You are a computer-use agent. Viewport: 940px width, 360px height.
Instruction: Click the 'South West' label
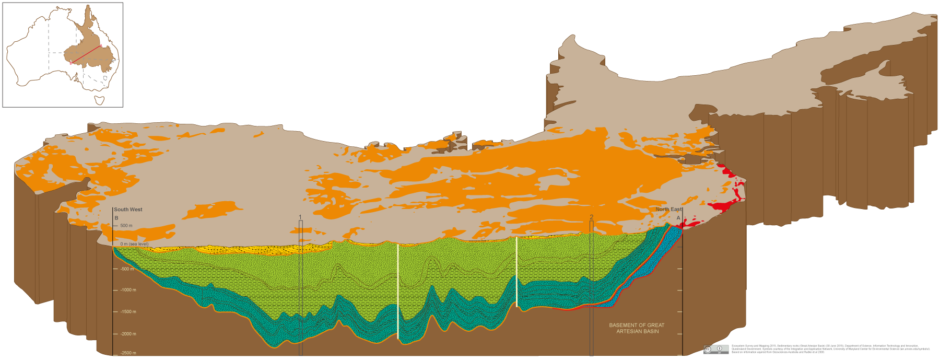(128, 210)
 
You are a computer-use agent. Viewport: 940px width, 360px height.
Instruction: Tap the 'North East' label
(669, 209)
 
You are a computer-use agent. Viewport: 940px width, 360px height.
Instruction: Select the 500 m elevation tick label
(126, 226)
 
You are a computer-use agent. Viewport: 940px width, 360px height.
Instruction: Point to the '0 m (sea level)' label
(134, 244)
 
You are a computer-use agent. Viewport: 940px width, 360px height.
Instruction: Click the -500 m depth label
(127, 269)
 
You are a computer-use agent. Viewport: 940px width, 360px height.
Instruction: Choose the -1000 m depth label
(128, 290)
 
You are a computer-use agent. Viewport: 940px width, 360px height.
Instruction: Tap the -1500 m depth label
(128, 312)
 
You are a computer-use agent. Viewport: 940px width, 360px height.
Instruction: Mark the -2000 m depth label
(128, 334)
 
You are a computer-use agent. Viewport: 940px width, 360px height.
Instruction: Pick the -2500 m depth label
(128, 353)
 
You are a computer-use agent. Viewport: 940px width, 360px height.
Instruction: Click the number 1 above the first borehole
(300, 217)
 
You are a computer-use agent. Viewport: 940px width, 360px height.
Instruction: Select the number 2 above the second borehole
(591, 217)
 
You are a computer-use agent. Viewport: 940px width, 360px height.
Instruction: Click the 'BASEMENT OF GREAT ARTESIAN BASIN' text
(637, 328)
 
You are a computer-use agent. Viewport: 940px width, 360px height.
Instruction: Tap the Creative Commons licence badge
(716, 349)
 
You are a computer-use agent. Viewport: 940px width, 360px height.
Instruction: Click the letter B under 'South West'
(116, 218)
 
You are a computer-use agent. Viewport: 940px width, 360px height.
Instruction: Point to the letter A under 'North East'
(678, 218)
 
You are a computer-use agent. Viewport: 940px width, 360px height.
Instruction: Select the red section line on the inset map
(86, 54)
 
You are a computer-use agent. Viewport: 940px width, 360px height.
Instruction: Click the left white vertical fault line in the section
(398, 293)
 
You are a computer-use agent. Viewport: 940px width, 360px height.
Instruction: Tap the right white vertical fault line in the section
(516, 272)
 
